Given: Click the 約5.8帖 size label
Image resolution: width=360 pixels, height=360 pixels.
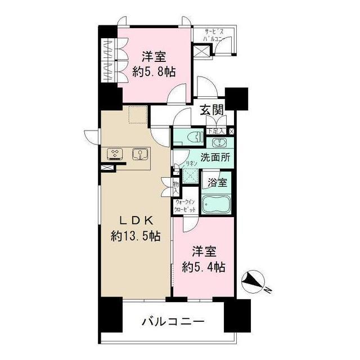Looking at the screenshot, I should click(x=154, y=71).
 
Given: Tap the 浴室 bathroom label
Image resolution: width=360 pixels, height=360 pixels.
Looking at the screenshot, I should click(x=217, y=183).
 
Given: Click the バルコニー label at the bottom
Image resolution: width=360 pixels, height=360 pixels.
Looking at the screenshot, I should click(x=173, y=322).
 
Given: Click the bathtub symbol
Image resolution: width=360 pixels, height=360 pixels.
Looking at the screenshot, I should click(x=216, y=206).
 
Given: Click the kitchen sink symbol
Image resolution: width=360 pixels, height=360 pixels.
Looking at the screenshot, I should click(x=138, y=154).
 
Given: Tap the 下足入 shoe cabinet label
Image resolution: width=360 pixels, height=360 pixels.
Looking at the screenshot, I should click(x=216, y=131).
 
